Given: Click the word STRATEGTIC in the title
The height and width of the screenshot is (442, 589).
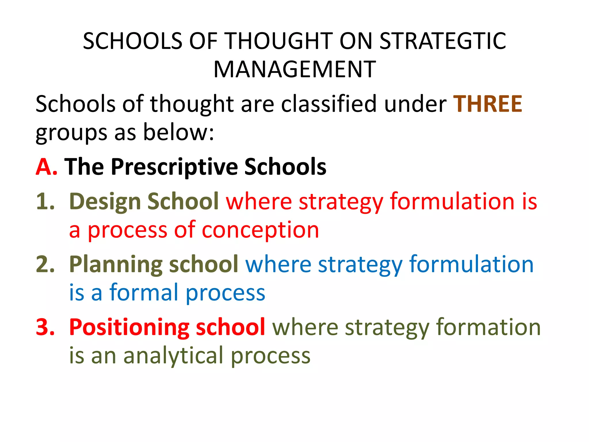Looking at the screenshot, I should click(443, 41).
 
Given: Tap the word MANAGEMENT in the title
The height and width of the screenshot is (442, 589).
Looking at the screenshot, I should click(294, 70).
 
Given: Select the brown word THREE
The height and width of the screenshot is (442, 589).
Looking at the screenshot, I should click(487, 104).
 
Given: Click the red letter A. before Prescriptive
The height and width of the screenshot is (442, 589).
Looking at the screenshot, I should click(46, 167).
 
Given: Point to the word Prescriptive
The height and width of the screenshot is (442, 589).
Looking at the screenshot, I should click(174, 167).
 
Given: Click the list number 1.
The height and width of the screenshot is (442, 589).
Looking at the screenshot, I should click(45, 201).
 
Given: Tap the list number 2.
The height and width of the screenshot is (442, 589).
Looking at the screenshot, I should click(45, 264).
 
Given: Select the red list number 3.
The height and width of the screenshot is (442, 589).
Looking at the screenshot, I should click(45, 327).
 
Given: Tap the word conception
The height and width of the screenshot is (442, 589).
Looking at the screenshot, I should click(260, 230).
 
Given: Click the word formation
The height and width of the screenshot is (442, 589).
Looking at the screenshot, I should click(488, 327).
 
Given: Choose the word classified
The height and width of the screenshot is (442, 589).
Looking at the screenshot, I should click(328, 104).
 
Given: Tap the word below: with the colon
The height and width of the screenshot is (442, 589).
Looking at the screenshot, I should click(179, 132).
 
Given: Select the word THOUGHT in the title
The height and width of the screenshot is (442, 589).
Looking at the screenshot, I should click(279, 41).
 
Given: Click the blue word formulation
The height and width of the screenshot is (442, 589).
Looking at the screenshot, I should click(471, 264).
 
